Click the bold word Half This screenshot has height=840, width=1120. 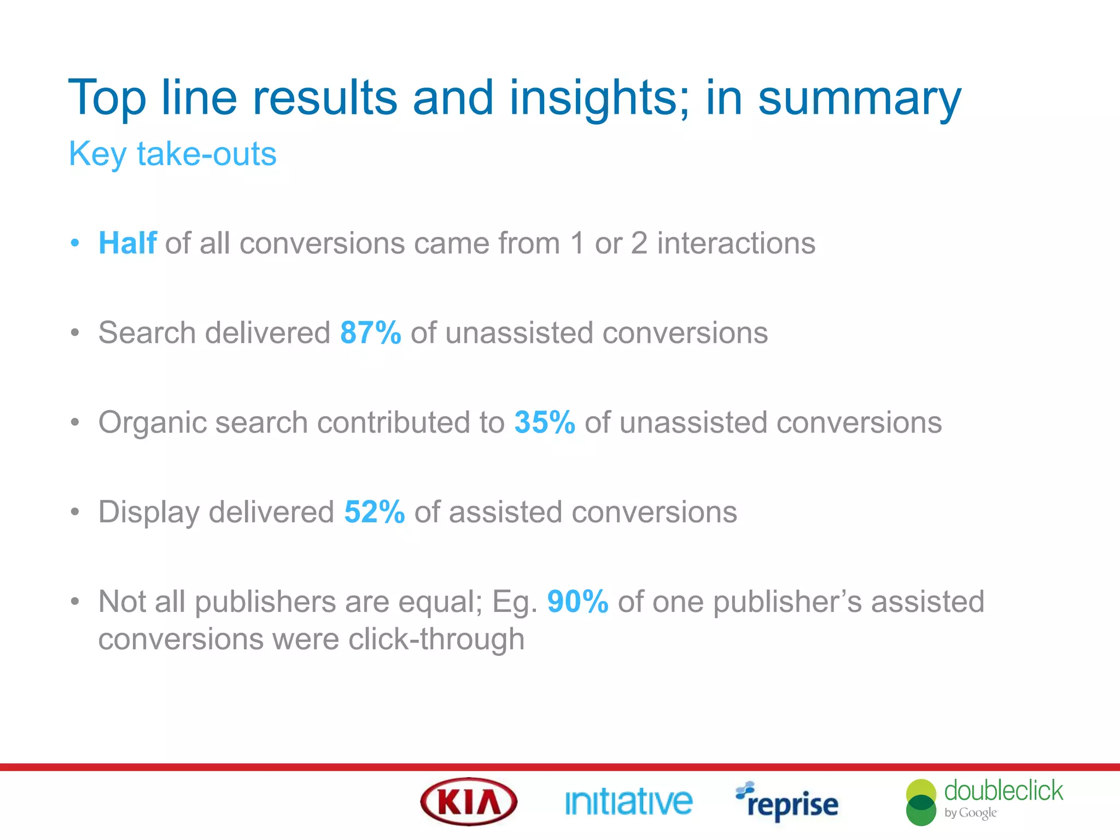pos(127,243)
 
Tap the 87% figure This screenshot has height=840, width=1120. pos(370,332)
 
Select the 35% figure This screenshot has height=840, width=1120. pos(544,422)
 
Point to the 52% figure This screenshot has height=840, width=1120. pos(374,512)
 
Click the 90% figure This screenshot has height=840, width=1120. pos(577,602)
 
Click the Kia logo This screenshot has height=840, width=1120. pos(469,802)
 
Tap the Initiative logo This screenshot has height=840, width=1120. pos(628,802)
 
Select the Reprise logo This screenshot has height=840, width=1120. pos(787,803)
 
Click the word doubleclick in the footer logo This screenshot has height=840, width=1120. pos(1003,791)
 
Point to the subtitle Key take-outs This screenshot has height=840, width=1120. pos(172,154)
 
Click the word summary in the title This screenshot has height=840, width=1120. pos(859,98)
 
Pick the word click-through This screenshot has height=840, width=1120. pos(436,639)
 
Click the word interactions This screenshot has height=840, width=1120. pos(736,243)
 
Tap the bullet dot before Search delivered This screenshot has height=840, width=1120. pos(75,332)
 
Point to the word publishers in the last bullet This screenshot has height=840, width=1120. pos(265,603)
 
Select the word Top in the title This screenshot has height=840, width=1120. pos(107,98)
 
